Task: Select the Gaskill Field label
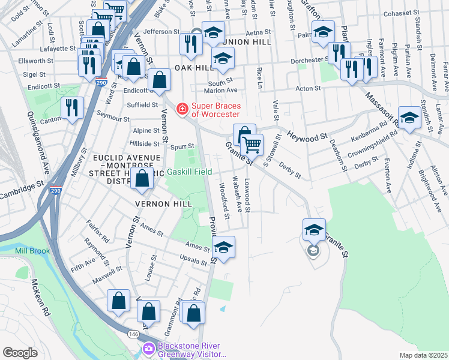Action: (x=189, y=172)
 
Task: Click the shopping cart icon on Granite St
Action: (x=252, y=145)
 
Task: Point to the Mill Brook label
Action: (x=48, y=251)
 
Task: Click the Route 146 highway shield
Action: (x=133, y=334)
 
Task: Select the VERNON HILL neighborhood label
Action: (x=163, y=204)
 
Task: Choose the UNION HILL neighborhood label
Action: (x=246, y=43)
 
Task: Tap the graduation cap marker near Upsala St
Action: (x=223, y=247)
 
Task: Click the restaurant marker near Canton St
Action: (x=72, y=107)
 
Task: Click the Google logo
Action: (x=20, y=352)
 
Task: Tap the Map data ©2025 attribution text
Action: (x=423, y=355)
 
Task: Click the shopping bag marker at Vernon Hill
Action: (x=142, y=178)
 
